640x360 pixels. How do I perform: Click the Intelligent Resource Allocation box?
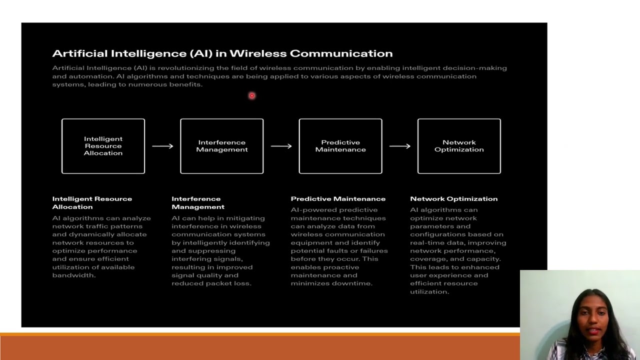(103, 146)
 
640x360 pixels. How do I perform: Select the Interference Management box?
(221, 146)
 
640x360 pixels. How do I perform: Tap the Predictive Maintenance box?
(340, 146)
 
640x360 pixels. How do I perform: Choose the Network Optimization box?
(459, 146)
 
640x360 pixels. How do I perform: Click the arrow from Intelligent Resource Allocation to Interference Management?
(162, 146)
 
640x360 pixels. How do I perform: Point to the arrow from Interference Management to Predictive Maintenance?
(281, 146)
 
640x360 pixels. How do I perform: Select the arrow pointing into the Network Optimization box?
(399, 146)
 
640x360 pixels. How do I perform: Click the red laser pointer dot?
(252, 95)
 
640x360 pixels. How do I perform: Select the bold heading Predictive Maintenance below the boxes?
(338, 199)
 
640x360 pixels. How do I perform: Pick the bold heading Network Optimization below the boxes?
(453, 199)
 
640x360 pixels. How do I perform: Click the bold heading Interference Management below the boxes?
(197, 202)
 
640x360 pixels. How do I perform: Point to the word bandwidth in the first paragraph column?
(73, 275)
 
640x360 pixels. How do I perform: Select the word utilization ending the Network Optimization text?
(429, 291)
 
